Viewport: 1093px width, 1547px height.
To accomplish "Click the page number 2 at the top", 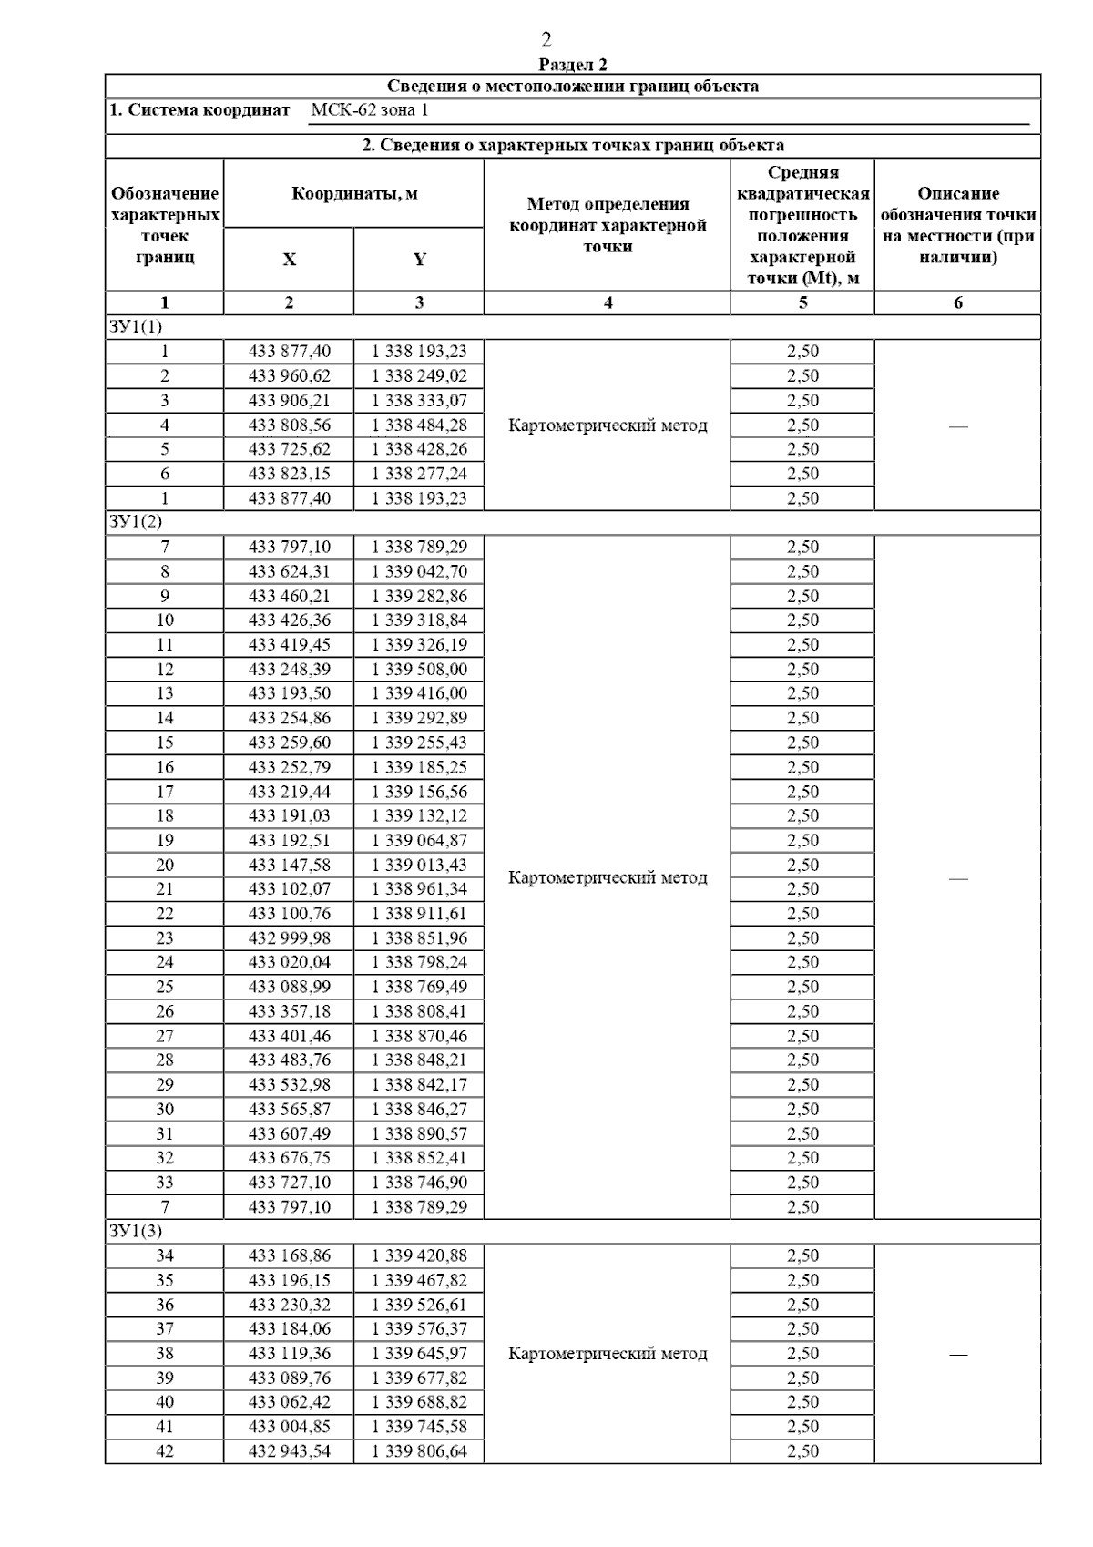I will tap(546, 40).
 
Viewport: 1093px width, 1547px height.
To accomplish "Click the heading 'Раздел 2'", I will tap(573, 65).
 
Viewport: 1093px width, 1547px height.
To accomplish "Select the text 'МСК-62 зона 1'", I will tap(370, 111).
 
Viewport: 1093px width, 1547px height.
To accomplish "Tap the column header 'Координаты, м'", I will tap(354, 194).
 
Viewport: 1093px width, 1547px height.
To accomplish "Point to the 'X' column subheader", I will tap(289, 260).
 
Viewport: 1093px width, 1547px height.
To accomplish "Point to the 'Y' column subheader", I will tap(419, 260).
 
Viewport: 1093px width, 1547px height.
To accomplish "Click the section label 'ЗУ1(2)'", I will tap(136, 522).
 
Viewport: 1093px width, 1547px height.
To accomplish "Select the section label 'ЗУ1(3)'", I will tap(136, 1232).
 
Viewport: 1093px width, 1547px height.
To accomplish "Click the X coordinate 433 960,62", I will tap(290, 376).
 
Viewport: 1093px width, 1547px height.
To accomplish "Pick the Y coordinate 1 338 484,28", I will tap(419, 425).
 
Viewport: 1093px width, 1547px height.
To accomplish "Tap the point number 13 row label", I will tap(165, 693).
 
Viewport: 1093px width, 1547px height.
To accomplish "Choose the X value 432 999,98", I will tap(290, 938).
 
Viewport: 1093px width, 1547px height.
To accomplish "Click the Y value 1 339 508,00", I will tap(419, 670).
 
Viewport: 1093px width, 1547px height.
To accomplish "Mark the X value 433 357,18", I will tap(290, 1011).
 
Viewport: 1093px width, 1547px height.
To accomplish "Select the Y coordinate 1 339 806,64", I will tap(419, 1451).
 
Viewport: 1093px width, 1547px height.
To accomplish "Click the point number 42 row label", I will tap(165, 1451).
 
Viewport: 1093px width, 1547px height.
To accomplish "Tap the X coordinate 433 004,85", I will tap(290, 1427).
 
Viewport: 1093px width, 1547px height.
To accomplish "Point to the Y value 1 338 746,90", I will tap(419, 1183).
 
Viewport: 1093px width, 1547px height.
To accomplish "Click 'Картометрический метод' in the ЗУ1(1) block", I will tap(608, 425).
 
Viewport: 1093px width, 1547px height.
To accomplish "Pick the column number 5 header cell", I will tap(802, 302).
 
